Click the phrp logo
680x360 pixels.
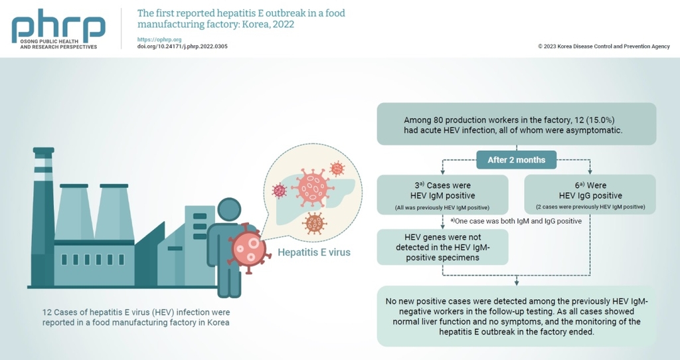click(x=58, y=29)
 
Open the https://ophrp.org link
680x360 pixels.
click(x=159, y=39)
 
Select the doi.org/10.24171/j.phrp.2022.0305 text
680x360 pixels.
click(x=182, y=46)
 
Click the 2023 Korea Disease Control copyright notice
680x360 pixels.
click(x=604, y=46)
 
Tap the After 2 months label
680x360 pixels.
click(x=516, y=160)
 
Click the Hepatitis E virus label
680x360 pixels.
click(x=314, y=252)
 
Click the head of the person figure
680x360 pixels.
click(x=229, y=209)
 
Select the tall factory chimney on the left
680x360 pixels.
click(x=43, y=217)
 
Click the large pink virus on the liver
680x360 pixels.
click(x=313, y=188)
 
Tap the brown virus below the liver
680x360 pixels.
click(x=314, y=223)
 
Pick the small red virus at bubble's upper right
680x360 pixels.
click(x=337, y=168)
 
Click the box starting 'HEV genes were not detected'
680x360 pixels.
click(x=442, y=247)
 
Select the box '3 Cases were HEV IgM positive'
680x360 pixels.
click(x=442, y=195)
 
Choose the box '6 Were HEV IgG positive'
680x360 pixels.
click(x=590, y=195)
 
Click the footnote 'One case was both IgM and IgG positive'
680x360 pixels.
click(x=516, y=221)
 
